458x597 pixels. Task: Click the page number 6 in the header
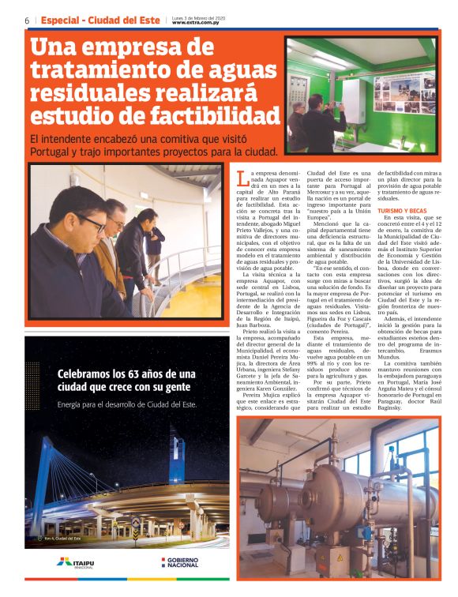point(27,20)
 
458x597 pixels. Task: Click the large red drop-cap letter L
point(242,178)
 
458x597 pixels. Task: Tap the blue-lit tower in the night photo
point(177,458)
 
